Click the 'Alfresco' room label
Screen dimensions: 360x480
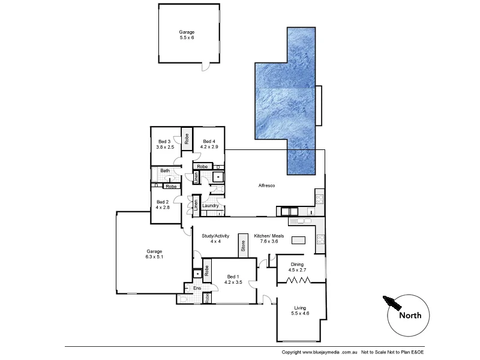point(266,186)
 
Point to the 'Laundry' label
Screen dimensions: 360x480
point(210,206)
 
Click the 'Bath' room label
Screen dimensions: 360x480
point(164,171)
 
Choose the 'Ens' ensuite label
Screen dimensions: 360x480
point(196,288)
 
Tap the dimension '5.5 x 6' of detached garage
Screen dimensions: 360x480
point(187,37)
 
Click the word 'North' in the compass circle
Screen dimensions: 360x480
point(410,315)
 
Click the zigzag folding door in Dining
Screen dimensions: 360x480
point(298,280)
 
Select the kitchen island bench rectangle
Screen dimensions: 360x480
point(298,240)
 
